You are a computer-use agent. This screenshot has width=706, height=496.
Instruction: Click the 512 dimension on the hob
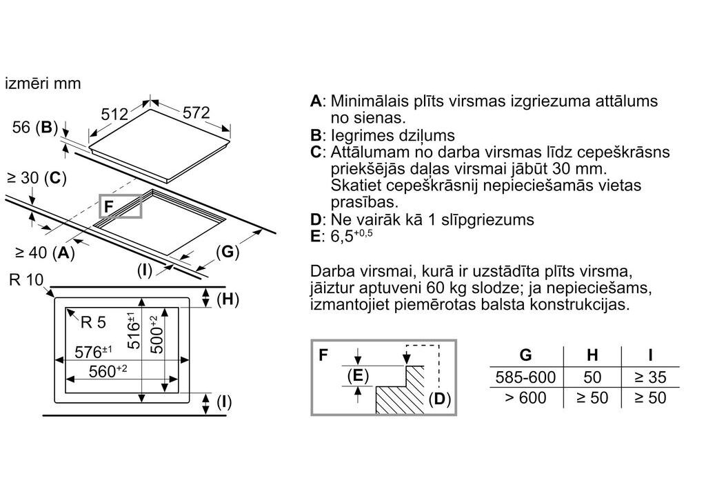[115, 114]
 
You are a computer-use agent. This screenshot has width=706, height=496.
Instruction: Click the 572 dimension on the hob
[196, 112]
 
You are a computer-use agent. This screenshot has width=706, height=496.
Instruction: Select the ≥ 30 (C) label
[37, 178]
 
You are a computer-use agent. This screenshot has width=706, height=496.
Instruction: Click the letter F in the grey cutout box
[108, 206]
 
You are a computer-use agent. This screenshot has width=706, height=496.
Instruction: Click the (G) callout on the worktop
[228, 252]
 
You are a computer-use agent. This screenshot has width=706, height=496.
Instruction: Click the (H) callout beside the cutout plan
[227, 299]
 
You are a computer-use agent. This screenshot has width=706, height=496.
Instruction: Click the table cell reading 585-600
[525, 377]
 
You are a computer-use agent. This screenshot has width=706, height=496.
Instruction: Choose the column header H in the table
[592, 355]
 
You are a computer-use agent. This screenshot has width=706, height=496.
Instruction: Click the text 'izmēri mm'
[43, 83]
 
